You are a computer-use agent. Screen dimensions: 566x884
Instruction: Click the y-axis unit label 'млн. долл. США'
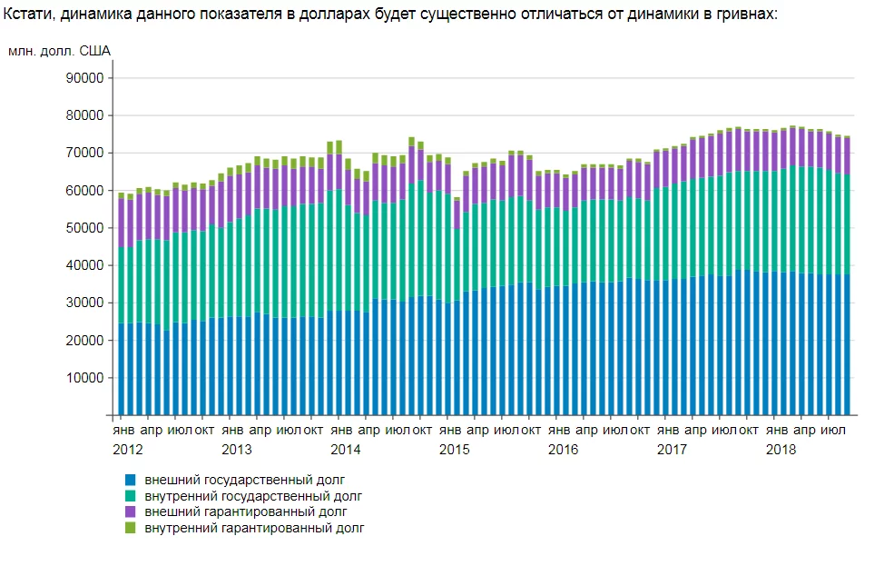(59, 51)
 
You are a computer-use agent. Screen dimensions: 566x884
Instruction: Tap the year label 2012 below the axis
(128, 449)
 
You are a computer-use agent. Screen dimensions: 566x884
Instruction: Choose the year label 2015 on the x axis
(454, 449)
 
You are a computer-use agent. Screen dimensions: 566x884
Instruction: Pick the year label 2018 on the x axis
(781, 449)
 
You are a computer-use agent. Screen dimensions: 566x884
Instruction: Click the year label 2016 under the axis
(563, 449)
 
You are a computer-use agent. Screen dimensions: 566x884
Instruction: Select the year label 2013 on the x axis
(237, 449)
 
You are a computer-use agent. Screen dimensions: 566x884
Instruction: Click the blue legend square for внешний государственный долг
(131, 480)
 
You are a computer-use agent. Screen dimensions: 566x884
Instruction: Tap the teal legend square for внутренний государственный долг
(131, 496)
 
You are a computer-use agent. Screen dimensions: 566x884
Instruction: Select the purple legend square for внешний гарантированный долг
(131, 511)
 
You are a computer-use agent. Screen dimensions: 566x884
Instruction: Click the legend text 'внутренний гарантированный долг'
(254, 528)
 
